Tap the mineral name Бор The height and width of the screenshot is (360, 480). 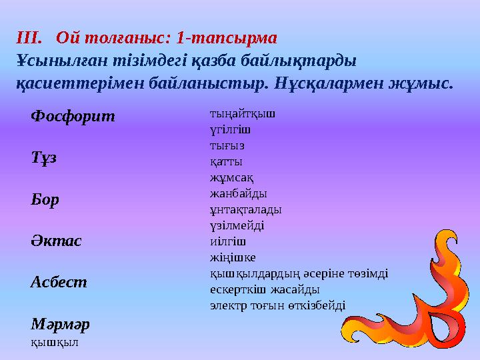tap(45, 199)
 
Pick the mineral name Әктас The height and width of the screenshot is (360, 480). tap(56, 241)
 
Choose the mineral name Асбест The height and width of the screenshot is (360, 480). tap(59, 282)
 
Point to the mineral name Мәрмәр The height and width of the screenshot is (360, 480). tap(60, 324)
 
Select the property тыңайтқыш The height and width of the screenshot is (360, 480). tap(242, 113)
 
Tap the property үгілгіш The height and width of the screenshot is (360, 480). tap(231, 129)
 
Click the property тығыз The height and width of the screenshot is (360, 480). tap(227, 145)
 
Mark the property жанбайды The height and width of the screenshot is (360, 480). tap(238, 193)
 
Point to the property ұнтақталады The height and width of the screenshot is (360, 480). tap(245, 209)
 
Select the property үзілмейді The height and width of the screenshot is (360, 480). tap(237, 225)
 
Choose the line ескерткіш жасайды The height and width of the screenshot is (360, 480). tap(265, 289)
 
